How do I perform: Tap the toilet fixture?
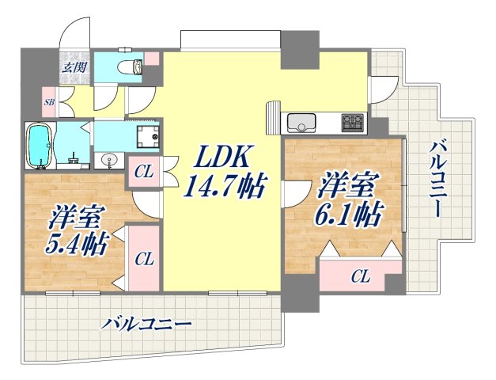click(x=129, y=67)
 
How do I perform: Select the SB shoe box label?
click(x=50, y=102)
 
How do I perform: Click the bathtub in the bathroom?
click(x=39, y=146)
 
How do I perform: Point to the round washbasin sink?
click(x=109, y=161)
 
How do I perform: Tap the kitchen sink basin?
click(x=302, y=123)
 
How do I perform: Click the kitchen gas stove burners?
click(x=352, y=123)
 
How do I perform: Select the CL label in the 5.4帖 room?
click(x=143, y=258)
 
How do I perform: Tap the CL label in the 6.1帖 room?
click(x=360, y=276)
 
